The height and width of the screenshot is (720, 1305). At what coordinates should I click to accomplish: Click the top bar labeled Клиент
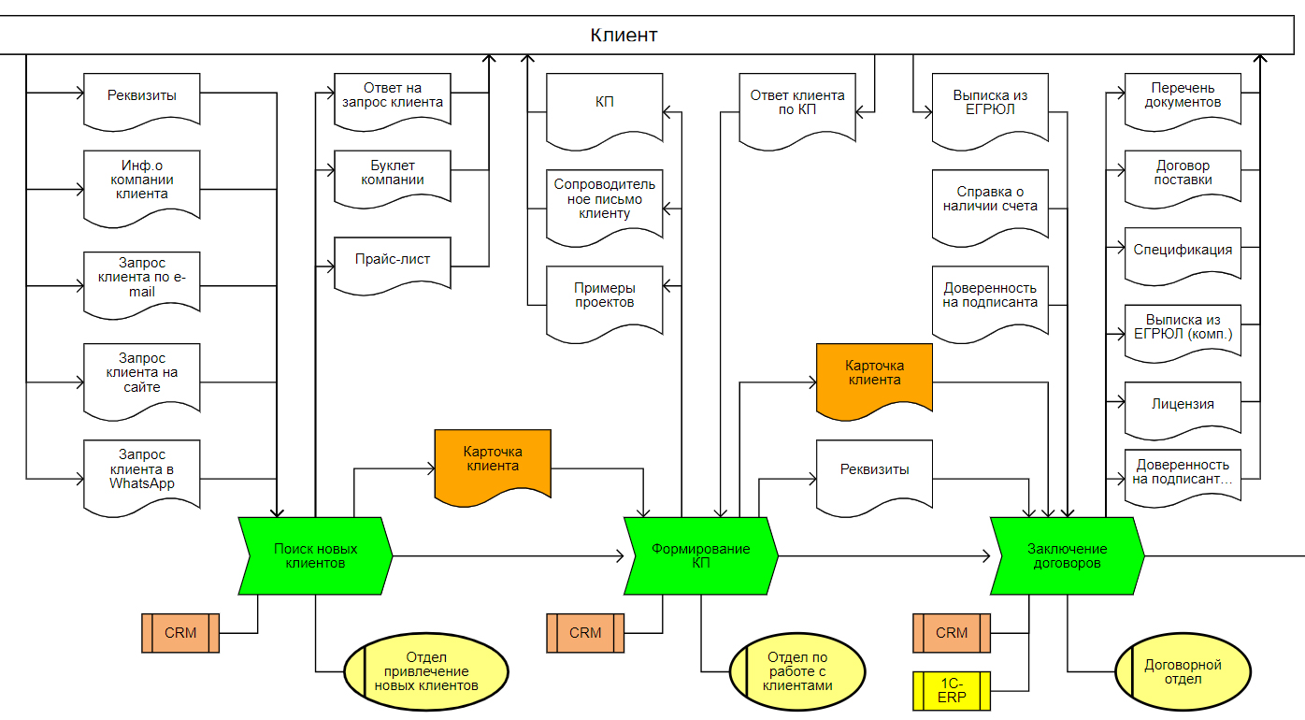click(x=624, y=36)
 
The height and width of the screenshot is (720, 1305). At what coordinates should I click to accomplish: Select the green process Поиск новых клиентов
click(x=315, y=555)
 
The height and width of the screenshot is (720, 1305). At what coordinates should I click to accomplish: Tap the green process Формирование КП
click(x=700, y=555)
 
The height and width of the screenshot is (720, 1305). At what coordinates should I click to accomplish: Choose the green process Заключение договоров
click(x=1067, y=555)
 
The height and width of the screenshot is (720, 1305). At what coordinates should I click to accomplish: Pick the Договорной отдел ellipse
click(x=1183, y=672)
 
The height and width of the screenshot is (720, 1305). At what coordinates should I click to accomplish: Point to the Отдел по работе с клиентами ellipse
click(x=797, y=672)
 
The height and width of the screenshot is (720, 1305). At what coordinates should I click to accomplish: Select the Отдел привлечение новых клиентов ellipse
click(x=426, y=672)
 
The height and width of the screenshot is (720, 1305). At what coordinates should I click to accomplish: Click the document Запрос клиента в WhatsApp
click(x=142, y=475)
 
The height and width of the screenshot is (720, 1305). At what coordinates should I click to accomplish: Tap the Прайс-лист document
click(x=393, y=261)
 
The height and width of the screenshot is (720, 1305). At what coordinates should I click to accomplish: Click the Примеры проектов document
click(x=605, y=297)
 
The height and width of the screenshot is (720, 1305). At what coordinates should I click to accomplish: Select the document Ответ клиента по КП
click(x=797, y=105)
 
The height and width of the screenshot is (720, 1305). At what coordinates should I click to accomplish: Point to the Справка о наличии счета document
click(x=990, y=201)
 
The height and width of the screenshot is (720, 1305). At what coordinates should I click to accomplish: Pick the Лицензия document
click(x=1183, y=406)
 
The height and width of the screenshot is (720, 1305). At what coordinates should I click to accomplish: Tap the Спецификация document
click(x=1183, y=252)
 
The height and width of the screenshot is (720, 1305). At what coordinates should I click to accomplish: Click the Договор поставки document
click(x=1183, y=174)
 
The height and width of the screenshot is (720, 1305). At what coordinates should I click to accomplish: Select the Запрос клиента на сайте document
click(x=142, y=374)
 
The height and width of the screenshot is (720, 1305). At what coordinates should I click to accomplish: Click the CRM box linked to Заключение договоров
click(x=952, y=633)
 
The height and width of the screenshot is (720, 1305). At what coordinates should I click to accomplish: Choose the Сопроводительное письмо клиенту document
click(x=605, y=201)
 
